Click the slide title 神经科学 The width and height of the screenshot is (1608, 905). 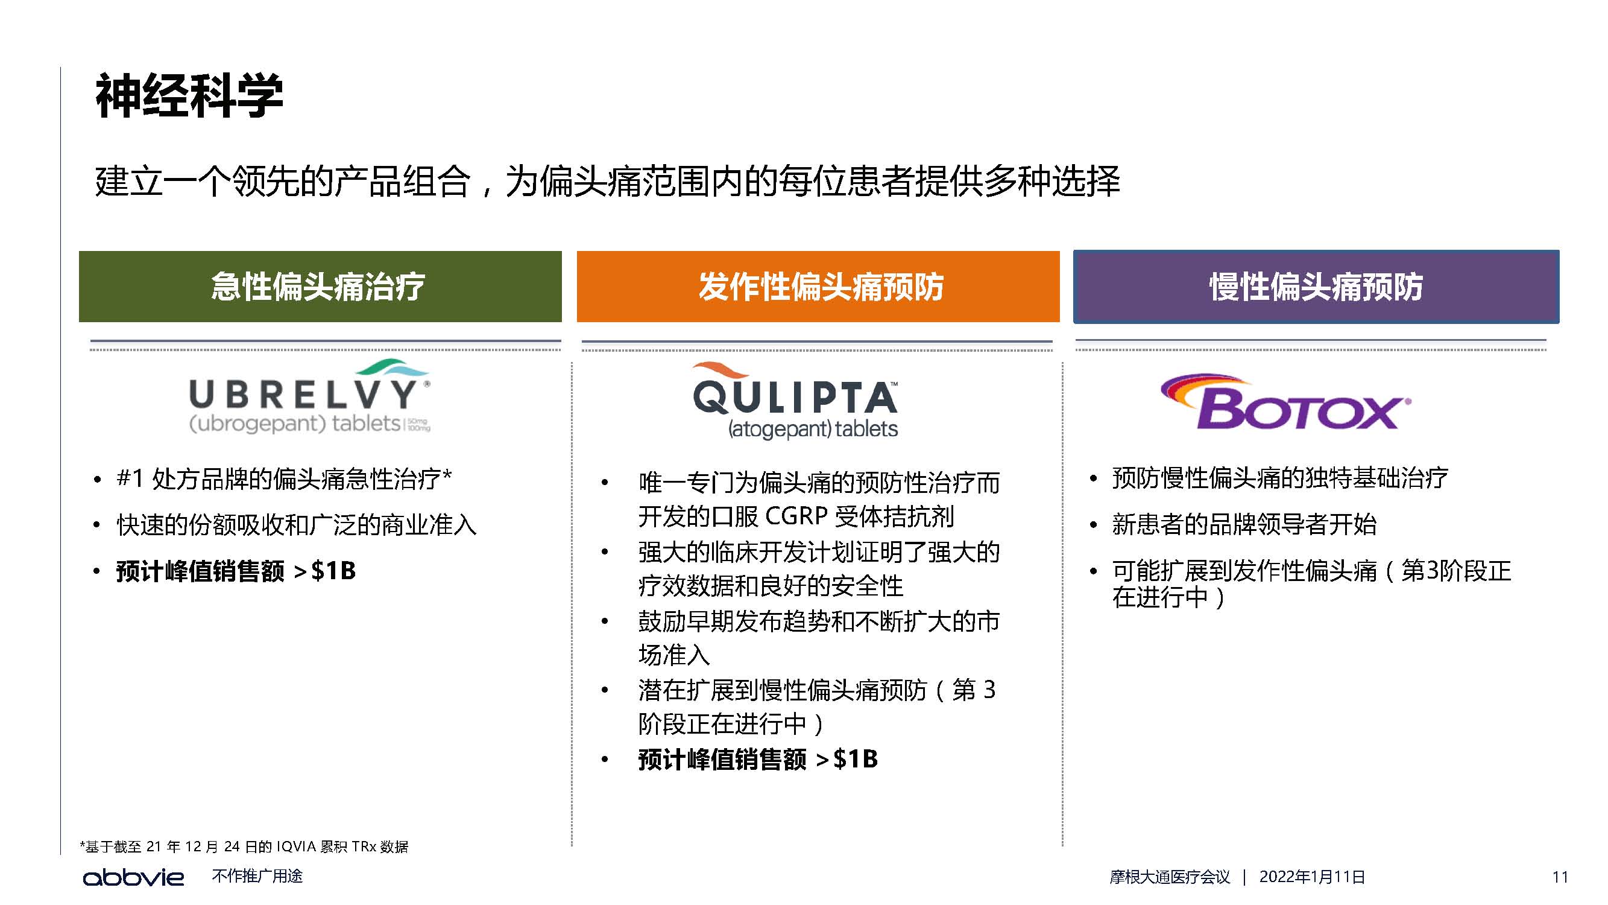pyautogui.click(x=189, y=95)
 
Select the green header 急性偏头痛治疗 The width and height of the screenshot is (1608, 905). pyautogui.click(x=320, y=287)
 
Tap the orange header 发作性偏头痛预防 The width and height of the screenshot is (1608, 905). pyautogui.click(x=818, y=287)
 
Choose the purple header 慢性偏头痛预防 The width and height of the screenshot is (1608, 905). pyautogui.click(x=1316, y=287)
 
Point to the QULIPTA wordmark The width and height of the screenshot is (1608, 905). pyautogui.click(x=795, y=398)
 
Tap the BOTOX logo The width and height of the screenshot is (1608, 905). pyautogui.click(x=1286, y=402)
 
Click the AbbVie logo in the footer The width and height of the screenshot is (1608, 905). pyautogui.click(x=134, y=877)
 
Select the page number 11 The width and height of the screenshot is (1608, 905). pyautogui.click(x=1560, y=877)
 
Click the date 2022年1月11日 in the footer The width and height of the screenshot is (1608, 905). pyautogui.click(x=1312, y=877)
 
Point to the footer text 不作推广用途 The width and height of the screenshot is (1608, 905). pyautogui.click(x=257, y=876)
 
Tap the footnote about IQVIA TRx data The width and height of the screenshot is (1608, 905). pyautogui.click(x=244, y=846)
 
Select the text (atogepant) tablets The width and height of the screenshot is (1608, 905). pyautogui.click(x=813, y=429)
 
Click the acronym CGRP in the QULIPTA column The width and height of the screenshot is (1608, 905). pyautogui.click(x=796, y=516)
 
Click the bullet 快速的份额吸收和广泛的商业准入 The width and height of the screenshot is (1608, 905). pyautogui.click(x=297, y=525)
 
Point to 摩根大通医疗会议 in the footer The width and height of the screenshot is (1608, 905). pyautogui.click(x=1170, y=877)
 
